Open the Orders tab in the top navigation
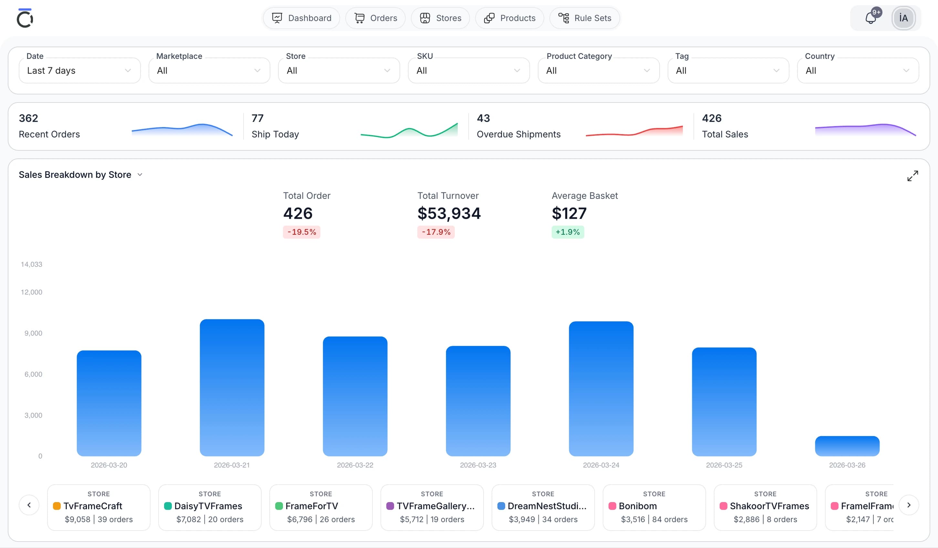pyautogui.click(x=375, y=18)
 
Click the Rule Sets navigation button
pyautogui.click(x=584, y=18)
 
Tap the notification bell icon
pyautogui.click(x=870, y=18)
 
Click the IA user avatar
pyautogui.click(x=903, y=18)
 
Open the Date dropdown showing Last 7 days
pyautogui.click(x=79, y=70)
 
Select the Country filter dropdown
pyautogui.click(x=858, y=70)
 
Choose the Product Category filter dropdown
pyautogui.click(x=598, y=70)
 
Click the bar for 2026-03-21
pyautogui.click(x=232, y=387)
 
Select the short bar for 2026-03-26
pyautogui.click(x=847, y=446)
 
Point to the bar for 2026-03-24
pyautogui.click(x=601, y=389)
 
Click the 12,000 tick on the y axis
pyautogui.click(x=32, y=292)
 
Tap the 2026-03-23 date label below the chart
pyautogui.click(x=478, y=465)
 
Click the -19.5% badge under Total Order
pyautogui.click(x=301, y=232)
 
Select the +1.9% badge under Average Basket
pyautogui.click(x=568, y=232)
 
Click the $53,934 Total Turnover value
pyautogui.click(x=449, y=213)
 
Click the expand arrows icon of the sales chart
pyautogui.click(x=912, y=176)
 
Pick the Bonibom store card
pyautogui.click(x=654, y=507)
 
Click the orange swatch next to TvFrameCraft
pyautogui.click(x=57, y=506)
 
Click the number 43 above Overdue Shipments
pyautogui.click(x=483, y=118)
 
